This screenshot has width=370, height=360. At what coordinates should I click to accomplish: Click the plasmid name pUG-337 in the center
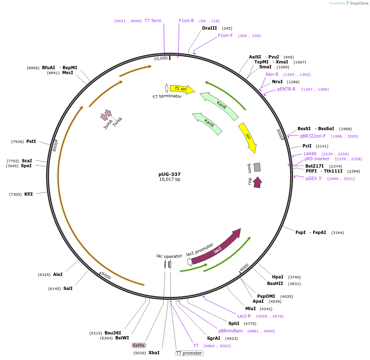(170, 174)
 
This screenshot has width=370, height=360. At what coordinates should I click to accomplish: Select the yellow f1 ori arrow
(181, 89)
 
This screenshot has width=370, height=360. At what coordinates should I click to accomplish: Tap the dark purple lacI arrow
(217, 248)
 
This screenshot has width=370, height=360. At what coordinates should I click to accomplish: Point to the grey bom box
(257, 167)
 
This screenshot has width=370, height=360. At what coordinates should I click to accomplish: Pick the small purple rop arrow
(257, 182)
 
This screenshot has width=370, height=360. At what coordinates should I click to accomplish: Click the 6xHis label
(138, 345)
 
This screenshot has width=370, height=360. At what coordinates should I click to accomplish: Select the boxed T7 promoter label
(189, 353)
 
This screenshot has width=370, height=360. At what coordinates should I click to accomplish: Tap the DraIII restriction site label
(209, 28)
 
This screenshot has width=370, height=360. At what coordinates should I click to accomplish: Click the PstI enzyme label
(31, 141)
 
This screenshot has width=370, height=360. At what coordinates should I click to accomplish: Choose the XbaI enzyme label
(154, 353)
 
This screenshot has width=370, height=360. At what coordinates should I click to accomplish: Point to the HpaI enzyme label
(277, 277)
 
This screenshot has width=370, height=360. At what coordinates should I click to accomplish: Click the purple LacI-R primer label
(244, 316)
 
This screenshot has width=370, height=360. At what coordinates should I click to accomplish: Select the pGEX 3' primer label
(314, 178)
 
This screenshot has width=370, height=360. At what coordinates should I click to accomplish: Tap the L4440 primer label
(310, 154)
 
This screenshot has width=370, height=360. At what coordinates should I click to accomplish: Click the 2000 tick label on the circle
(280, 133)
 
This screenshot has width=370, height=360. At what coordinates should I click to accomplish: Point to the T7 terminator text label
(167, 96)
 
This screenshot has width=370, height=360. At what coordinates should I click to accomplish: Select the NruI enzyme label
(277, 82)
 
